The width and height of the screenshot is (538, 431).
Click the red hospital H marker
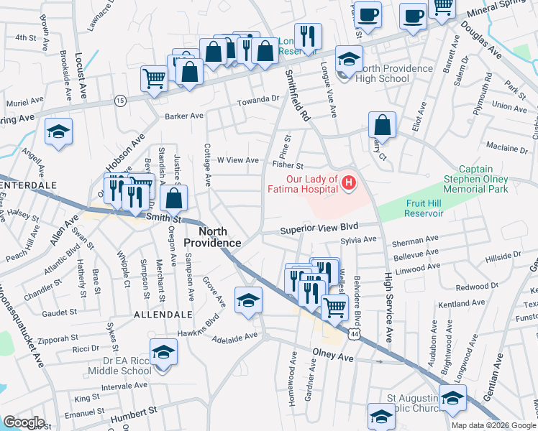point(349,184)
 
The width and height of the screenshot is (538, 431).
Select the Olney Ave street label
point(333,356)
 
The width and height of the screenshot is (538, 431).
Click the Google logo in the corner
point(24,422)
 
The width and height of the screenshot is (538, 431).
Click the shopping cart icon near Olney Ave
point(334,307)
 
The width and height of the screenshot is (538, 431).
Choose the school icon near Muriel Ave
point(59,131)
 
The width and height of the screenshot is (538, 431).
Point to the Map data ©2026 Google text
point(493,425)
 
